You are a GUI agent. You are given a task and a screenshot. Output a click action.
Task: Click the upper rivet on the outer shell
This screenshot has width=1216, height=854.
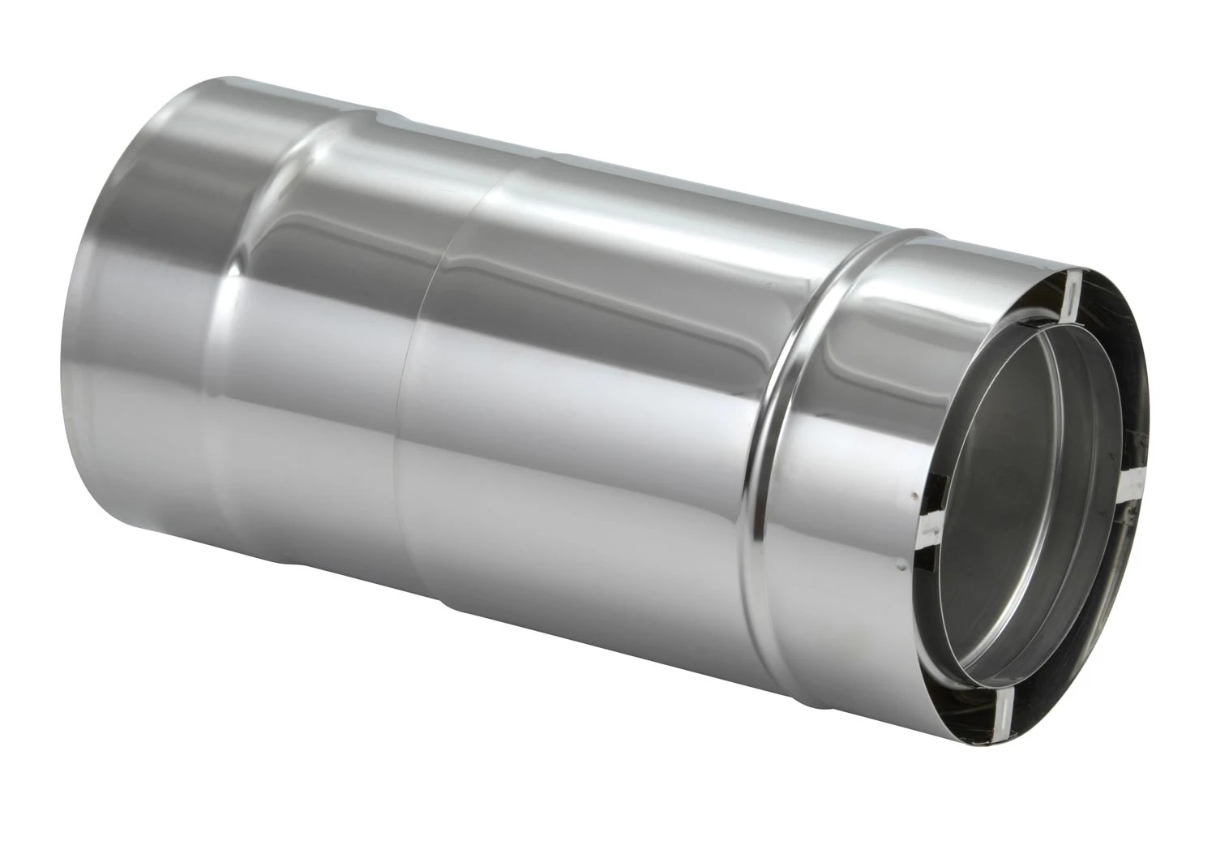coord(914,495)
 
